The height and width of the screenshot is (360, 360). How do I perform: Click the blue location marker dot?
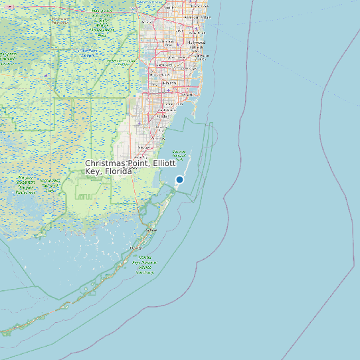[x=179, y=179]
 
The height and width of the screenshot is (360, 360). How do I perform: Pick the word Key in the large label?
[x=92, y=171]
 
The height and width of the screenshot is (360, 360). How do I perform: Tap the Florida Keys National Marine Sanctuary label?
[x=145, y=264]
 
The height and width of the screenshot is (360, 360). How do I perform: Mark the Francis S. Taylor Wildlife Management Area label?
[x=101, y=21]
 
